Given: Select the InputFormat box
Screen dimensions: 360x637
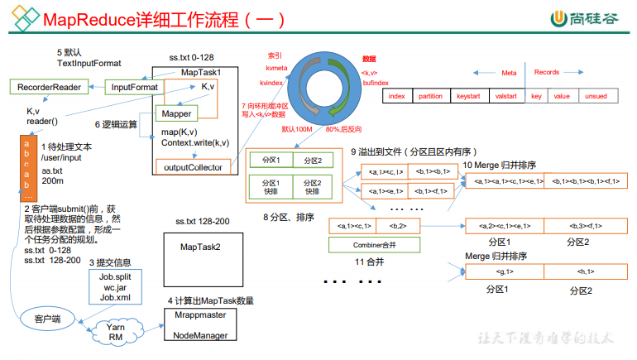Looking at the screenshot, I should tap(131, 87).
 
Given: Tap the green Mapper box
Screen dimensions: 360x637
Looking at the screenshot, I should tap(178, 113).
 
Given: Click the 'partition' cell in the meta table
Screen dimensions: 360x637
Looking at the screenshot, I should tap(430, 96).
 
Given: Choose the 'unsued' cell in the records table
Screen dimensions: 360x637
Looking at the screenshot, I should tap(596, 96).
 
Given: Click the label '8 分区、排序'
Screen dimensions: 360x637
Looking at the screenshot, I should tap(286, 216).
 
